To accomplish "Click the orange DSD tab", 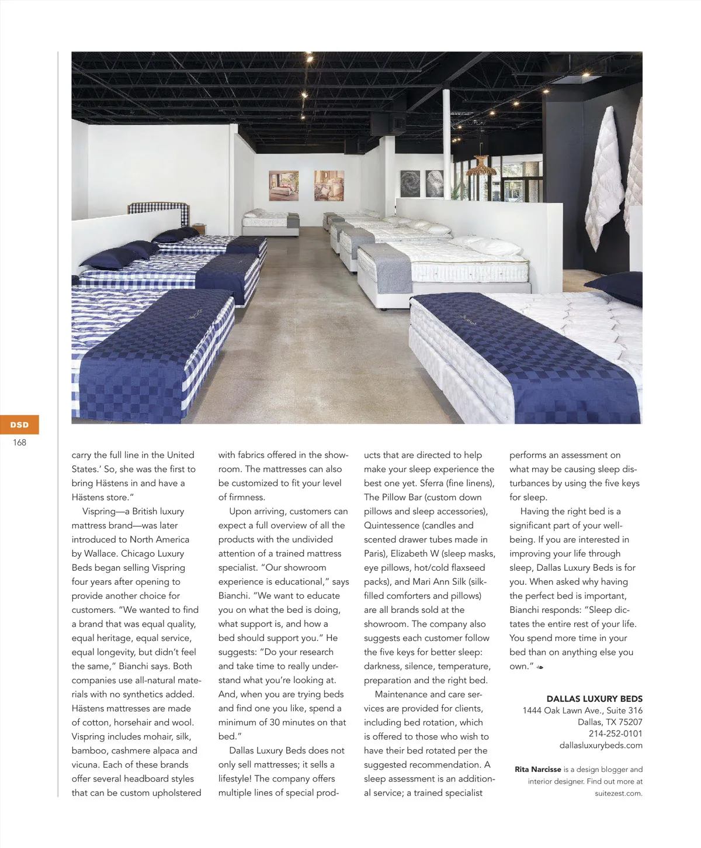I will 19,425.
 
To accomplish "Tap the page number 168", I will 19,443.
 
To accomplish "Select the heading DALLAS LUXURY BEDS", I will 594,699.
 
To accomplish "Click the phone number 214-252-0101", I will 615,733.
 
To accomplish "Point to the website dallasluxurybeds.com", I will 601,745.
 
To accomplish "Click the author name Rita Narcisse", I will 537,770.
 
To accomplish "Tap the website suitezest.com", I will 618,793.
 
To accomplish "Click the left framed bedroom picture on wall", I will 283,185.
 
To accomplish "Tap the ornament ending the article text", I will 540,667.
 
